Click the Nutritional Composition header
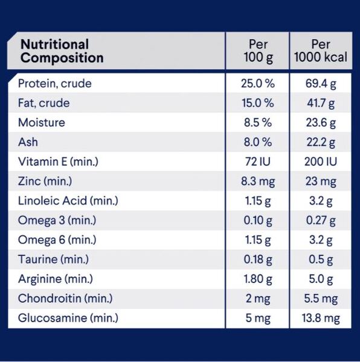click(x=62, y=51)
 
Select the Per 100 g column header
click(x=258, y=51)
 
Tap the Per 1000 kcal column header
click(x=321, y=51)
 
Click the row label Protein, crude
click(x=55, y=83)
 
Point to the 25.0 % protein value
click(x=258, y=83)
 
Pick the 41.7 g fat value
click(x=321, y=103)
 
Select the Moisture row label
click(x=42, y=122)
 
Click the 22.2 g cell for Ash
click(x=321, y=142)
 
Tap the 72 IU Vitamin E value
click(x=258, y=161)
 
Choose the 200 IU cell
click(x=321, y=161)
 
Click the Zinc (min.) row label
click(x=45, y=181)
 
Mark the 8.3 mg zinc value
click(x=258, y=182)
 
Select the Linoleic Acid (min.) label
click(x=68, y=201)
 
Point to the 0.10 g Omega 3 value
click(x=258, y=220)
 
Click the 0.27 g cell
click(x=321, y=220)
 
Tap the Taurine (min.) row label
click(x=53, y=259)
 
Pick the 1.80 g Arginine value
click(x=258, y=279)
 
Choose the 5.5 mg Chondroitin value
click(x=321, y=299)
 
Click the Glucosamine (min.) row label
click(x=68, y=318)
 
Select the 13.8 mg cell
click(x=321, y=319)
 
